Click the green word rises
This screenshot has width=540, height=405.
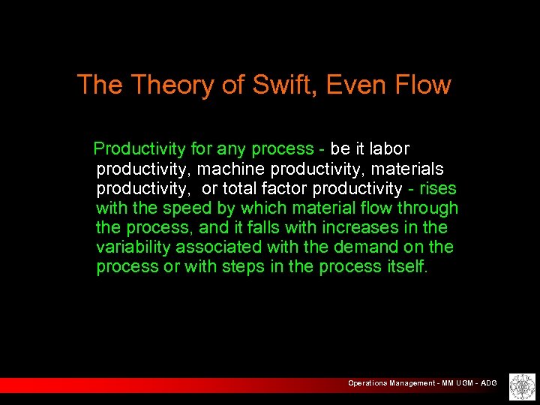pos(438,188)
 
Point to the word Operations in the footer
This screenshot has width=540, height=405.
pos(367,383)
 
